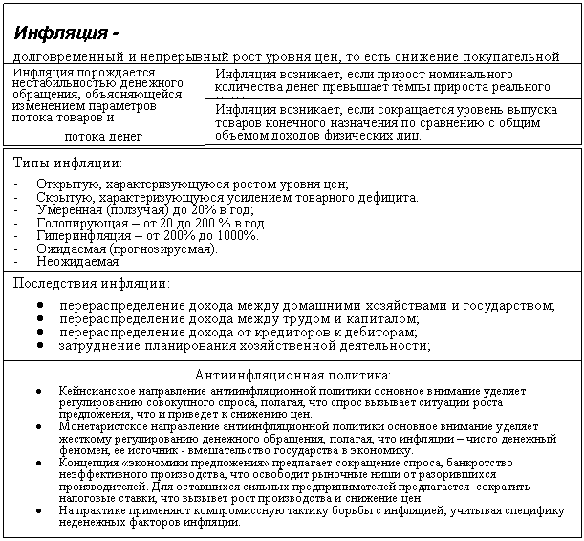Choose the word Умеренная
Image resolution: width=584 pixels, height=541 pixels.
[69, 209]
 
